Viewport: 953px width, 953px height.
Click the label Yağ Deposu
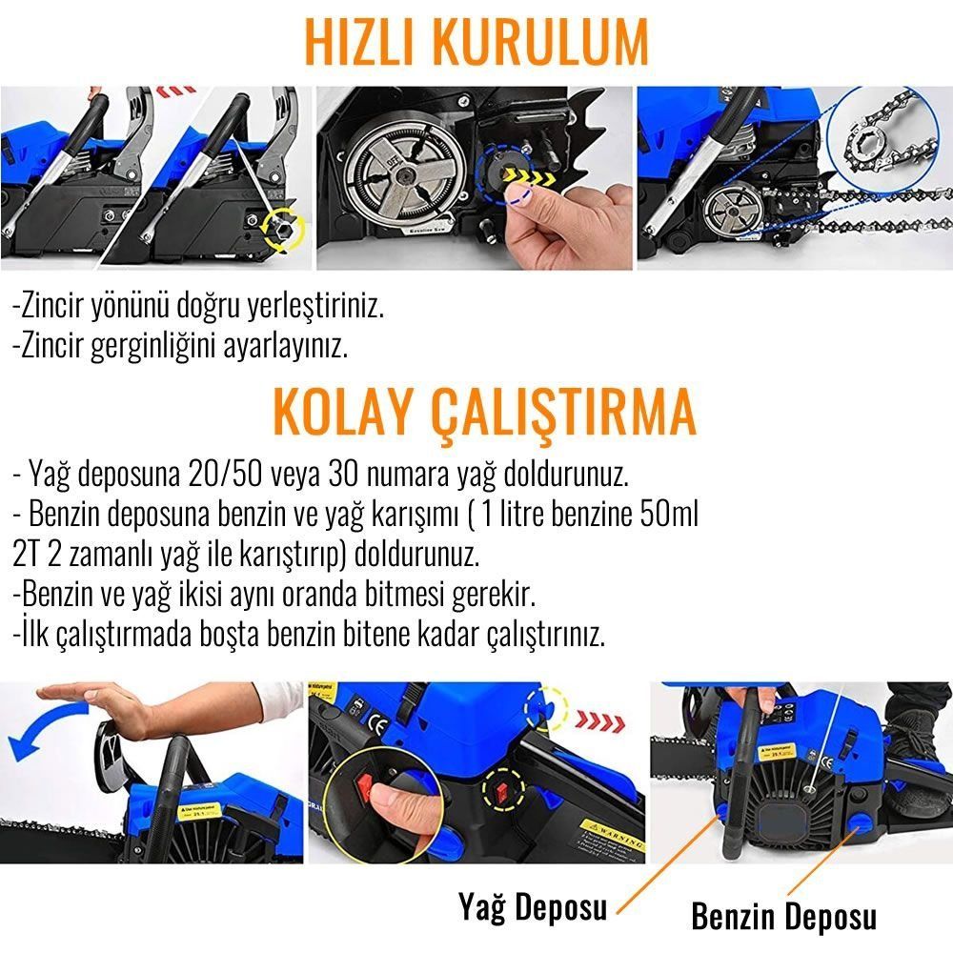tap(533, 908)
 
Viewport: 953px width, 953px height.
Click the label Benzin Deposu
tap(784, 916)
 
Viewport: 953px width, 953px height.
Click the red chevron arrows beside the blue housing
tap(599, 722)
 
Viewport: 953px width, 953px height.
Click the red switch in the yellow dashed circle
tap(502, 791)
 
